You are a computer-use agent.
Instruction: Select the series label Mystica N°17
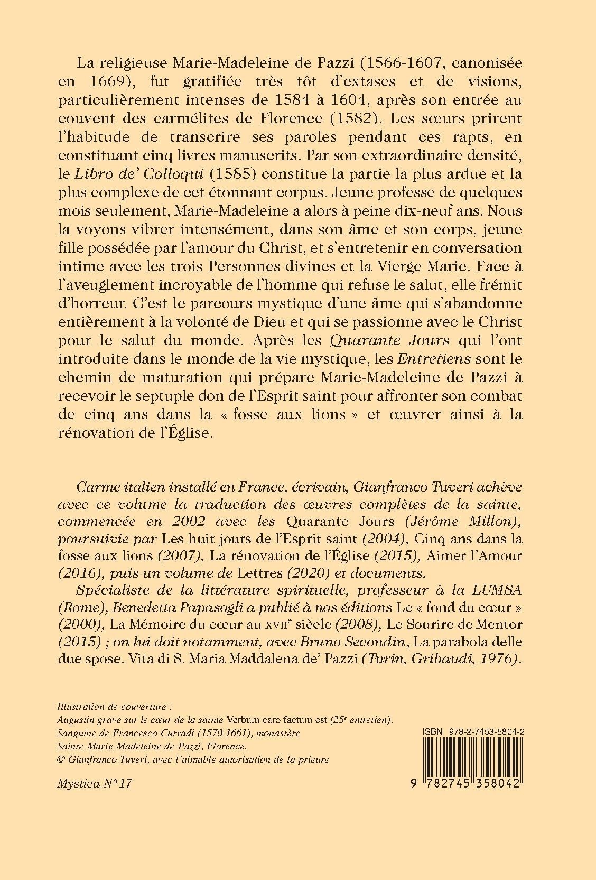(94, 783)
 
